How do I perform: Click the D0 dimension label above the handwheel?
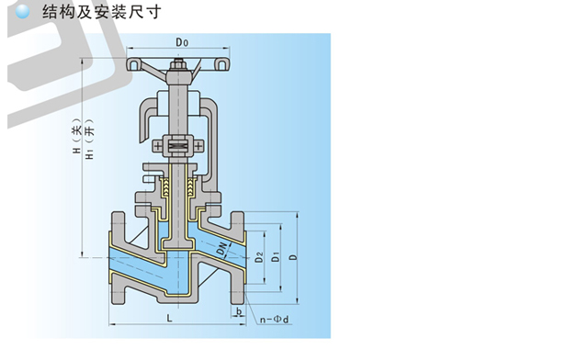[x=182, y=42]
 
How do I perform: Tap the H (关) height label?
[x=77, y=136]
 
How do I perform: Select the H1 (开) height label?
[x=89, y=139]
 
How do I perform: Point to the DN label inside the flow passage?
[x=222, y=250]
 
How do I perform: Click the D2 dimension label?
[x=259, y=258]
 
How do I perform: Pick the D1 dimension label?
[x=276, y=258]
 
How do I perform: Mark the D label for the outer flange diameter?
[x=294, y=258]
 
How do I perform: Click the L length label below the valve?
[x=169, y=319]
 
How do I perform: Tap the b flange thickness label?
[x=239, y=311]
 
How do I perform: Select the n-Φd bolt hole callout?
[x=275, y=320]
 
